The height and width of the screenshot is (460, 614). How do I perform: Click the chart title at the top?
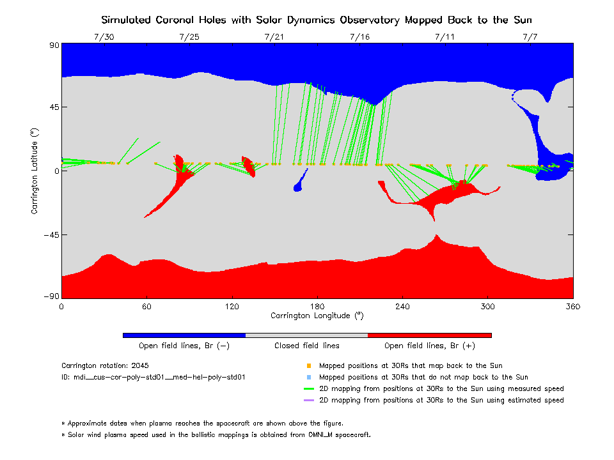[x=317, y=20]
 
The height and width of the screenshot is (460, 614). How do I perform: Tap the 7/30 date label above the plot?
[x=104, y=37]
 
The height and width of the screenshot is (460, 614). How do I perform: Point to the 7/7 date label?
[x=530, y=37]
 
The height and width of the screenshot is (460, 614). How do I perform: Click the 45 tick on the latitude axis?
[x=51, y=107]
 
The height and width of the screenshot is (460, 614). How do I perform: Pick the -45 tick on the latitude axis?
[x=49, y=235]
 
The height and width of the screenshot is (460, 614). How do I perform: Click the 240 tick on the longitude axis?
[x=402, y=306]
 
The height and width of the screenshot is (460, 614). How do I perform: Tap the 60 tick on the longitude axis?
[x=146, y=306]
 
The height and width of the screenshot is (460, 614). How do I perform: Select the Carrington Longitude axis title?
[x=317, y=316]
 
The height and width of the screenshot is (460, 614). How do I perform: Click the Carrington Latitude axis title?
[x=34, y=171]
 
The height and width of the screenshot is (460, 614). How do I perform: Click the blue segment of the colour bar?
[x=184, y=335]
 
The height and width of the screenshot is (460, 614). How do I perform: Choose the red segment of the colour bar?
[x=430, y=335]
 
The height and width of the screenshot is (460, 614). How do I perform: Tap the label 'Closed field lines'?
[x=307, y=346]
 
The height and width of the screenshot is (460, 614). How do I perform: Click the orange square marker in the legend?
[x=309, y=366]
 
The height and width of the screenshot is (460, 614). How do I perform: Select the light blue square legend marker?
[x=309, y=378]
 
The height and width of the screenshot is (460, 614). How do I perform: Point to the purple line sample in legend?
[x=309, y=401]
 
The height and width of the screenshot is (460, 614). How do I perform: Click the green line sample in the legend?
[x=309, y=389]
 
